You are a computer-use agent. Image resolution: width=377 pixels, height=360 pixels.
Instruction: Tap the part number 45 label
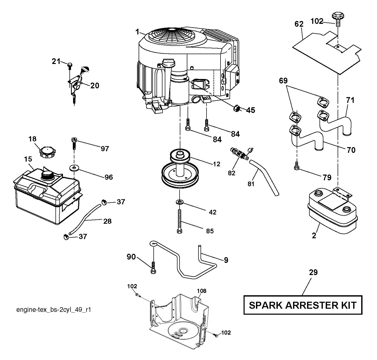(251, 110)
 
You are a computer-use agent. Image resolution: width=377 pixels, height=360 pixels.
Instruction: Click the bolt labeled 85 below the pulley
(180, 221)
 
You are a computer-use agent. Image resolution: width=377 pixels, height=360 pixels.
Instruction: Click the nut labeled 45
(236, 108)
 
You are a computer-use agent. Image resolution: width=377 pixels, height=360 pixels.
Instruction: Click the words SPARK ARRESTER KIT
(303, 305)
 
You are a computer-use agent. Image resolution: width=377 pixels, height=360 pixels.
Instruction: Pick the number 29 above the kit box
(314, 272)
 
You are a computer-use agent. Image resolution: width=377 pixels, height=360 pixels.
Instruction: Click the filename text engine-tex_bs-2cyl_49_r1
(54, 310)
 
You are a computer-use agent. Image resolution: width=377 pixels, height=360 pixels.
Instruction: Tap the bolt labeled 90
(153, 268)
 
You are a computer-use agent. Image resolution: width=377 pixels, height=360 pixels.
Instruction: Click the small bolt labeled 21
(69, 66)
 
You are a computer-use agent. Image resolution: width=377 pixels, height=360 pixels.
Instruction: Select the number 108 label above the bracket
(202, 291)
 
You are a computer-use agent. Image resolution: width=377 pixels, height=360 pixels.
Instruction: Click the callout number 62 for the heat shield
(299, 24)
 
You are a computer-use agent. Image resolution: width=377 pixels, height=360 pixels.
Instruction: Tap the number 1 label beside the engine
(137, 32)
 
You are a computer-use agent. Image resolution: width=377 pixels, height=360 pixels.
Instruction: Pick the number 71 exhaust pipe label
(350, 100)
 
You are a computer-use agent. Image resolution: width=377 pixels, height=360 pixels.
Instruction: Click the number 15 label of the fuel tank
(28, 159)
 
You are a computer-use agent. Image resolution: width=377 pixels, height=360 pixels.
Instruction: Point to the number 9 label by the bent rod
(226, 260)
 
